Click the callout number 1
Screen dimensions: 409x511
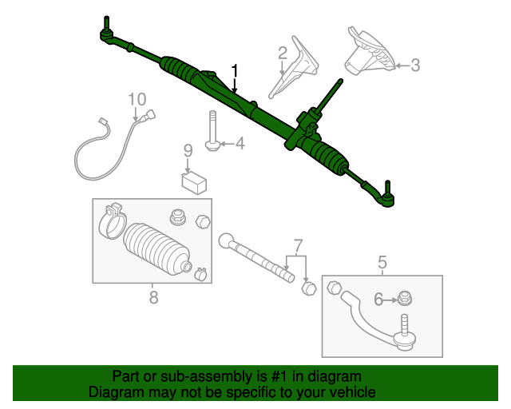235,71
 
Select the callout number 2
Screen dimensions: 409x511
282,54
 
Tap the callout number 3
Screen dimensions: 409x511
414,66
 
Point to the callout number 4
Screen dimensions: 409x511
239,144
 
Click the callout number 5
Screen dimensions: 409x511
382,261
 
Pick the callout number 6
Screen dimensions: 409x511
378,300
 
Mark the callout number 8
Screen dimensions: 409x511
153,297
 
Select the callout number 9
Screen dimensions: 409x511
188,150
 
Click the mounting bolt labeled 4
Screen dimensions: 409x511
212,132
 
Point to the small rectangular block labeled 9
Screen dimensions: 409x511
193,182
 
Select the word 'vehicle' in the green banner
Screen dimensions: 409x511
347,393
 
